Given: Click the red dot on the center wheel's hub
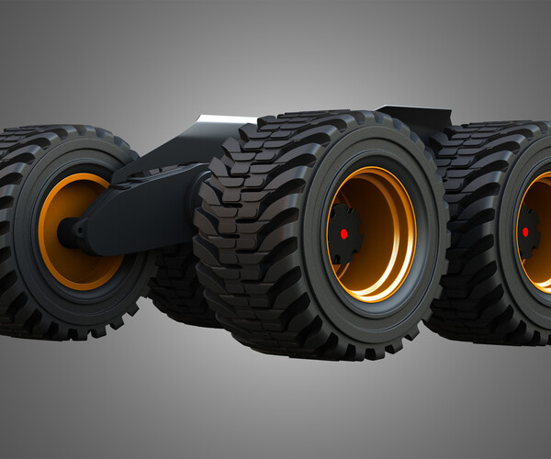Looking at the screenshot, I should tap(343, 234).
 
